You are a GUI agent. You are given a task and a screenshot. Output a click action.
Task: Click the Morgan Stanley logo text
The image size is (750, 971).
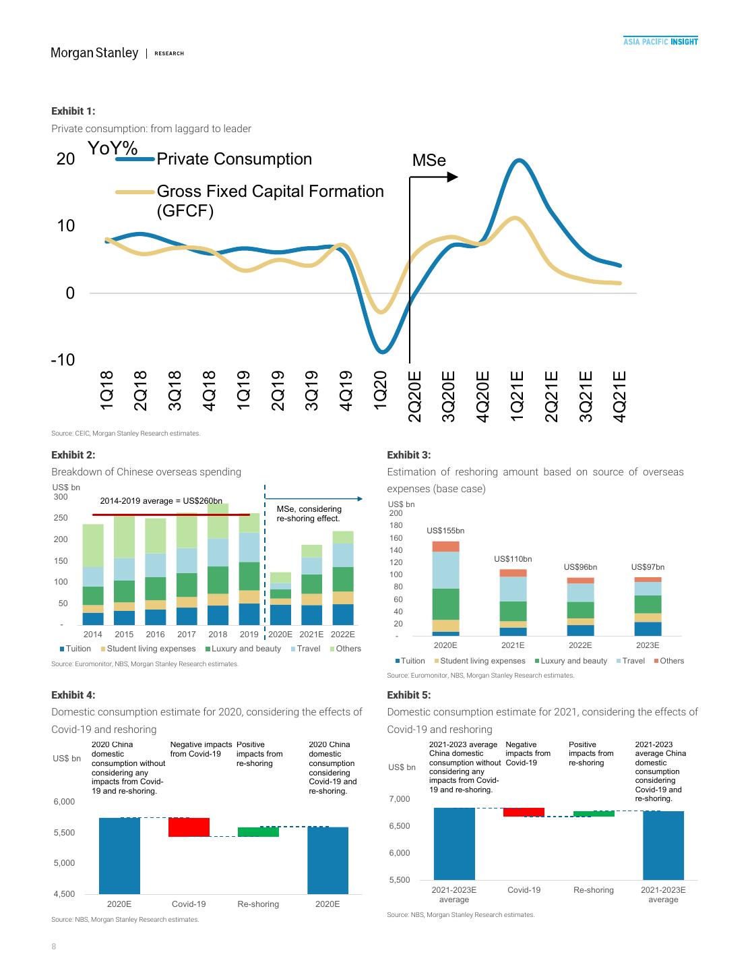[94, 53]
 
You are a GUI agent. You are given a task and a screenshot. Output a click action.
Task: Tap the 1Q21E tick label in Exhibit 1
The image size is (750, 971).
[517, 396]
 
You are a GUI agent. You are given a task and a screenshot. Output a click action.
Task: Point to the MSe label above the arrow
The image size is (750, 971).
[429, 160]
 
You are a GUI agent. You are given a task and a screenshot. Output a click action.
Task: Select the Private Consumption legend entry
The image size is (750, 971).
[234, 159]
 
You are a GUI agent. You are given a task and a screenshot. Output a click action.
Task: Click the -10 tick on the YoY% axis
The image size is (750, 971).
[62, 359]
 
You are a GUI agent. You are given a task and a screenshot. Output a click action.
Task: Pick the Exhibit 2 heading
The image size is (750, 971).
[73, 455]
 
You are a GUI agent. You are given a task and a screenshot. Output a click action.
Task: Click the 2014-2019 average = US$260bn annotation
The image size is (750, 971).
[161, 501]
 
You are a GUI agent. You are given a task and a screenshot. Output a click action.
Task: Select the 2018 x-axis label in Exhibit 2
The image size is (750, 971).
[218, 635]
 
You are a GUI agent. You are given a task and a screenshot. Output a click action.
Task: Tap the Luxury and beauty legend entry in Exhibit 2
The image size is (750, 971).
[243, 649]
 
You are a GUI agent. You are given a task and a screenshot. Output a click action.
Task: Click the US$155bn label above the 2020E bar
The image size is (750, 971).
[445, 531]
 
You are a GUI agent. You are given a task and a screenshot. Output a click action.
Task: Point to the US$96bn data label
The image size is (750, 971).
[580, 567]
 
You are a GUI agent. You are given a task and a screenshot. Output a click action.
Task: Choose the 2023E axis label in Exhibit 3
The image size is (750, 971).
[648, 645]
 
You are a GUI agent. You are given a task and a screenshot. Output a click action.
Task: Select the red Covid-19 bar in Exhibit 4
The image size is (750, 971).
[189, 827]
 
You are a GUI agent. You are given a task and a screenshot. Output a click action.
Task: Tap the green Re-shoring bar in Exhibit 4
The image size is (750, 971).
[258, 832]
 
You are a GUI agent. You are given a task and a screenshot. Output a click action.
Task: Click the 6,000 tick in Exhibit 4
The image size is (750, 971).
[64, 802]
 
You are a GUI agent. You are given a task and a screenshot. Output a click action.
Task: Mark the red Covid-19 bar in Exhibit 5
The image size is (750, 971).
[524, 813]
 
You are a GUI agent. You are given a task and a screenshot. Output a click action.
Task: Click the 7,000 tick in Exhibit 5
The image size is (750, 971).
[399, 799]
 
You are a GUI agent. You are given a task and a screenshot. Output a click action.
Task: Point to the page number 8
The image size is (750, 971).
[54, 947]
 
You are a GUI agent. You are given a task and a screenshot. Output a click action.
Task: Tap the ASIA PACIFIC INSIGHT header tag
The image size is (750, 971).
[660, 42]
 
